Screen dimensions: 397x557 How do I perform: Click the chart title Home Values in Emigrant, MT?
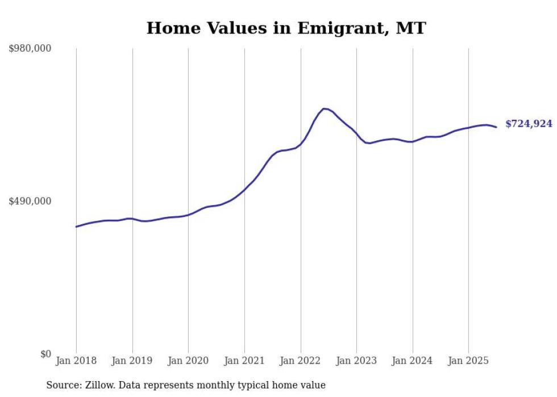click(x=286, y=28)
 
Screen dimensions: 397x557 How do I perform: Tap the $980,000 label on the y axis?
click(x=30, y=49)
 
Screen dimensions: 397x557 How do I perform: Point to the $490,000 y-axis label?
click(x=30, y=201)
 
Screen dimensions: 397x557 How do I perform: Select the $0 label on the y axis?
click(x=46, y=354)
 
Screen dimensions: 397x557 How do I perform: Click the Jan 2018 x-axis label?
click(x=76, y=361)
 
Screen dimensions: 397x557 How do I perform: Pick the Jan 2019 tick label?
click(x=132, y=361)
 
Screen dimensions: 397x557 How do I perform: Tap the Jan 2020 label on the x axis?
click(x=188, y=361)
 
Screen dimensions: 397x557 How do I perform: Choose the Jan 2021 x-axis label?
click(x=244, y=361)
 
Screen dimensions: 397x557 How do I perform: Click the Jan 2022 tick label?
click(x=301, y=361)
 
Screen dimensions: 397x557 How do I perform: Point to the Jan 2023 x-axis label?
click(x=356, y=361)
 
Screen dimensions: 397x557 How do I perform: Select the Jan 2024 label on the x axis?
click(x=413, y=361)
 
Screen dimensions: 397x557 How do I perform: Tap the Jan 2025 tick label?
click(x=468, y=361)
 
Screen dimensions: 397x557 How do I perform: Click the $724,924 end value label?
click(x=529, y=124)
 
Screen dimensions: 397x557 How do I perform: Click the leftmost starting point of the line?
click(x=76, y=227)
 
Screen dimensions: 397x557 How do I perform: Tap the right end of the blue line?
click(x=496, y=127)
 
